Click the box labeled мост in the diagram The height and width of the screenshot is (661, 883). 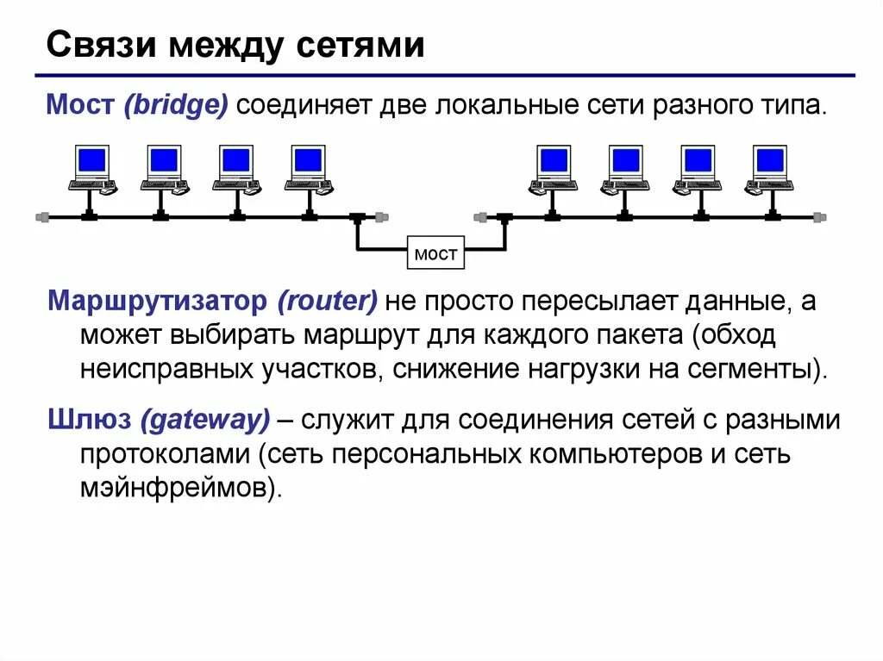pos(436,254)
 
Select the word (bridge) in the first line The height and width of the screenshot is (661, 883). pos(176,108)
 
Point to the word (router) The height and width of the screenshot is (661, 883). pos(328,302)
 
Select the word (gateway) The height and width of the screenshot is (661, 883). pos(206,421)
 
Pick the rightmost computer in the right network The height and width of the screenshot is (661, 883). pos(769,168)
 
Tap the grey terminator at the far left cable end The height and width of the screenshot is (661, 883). pos(41,218)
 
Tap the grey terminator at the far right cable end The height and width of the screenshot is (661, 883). pos(819,218)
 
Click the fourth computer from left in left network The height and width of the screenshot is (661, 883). pos(307,168)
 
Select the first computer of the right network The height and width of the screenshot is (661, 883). pos(552,168)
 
